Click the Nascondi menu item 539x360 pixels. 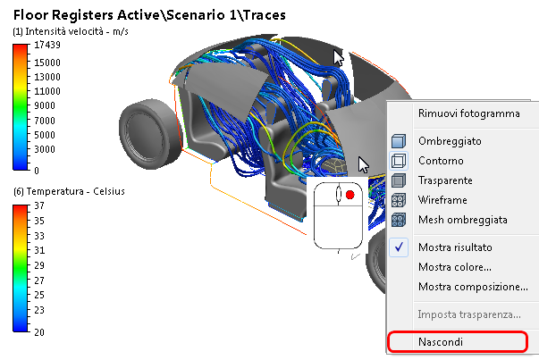(x=440, y=341)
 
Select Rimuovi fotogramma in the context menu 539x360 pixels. (x=468, y=113)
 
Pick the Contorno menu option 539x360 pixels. (x=441, y=161)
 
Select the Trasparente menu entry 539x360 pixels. (x=445, y=180)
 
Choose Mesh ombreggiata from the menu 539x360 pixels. (x=462, y=220)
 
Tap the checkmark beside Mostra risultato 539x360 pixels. (x=400, y=247)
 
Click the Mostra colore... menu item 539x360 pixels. (x=454, y=266)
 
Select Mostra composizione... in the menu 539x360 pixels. (x=473, y=286)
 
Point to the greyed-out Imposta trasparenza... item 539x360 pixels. (x=469, y=314)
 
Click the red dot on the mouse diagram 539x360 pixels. (x=350, y=194)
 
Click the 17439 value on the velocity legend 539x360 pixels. (x=48, y=45)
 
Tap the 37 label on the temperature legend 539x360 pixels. (x=40, y=205)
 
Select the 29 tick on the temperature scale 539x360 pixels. (x=40, y=265)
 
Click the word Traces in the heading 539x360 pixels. (x=248, y=13)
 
